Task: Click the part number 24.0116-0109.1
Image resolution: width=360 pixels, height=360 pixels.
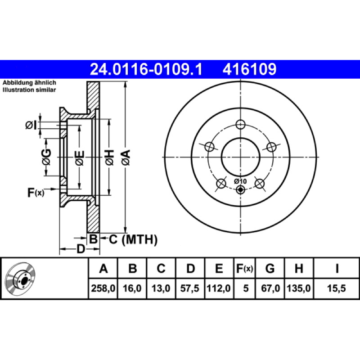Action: coord(146,69)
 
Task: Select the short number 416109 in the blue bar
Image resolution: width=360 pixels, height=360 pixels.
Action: coord(249,69)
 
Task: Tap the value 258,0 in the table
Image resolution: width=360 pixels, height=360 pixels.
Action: coord(103,288)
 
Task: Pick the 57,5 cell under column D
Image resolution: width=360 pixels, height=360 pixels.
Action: coord(189,288)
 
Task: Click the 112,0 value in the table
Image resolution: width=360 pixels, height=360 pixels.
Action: coord(219,288)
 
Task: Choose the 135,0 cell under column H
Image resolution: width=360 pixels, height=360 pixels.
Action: coord(299,288)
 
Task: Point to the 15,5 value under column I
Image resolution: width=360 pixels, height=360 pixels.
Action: coord(336,288)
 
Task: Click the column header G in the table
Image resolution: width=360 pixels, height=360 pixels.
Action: coord(270,268)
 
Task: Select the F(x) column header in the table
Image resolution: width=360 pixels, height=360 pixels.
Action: coord(244,268)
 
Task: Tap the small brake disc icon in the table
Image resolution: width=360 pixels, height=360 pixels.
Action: coord(20,278)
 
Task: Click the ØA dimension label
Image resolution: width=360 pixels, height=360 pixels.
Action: coord(126,157)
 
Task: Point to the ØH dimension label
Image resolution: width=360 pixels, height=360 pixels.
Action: coord(110,157)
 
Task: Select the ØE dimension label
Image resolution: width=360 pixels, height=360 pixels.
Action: coord(80,158)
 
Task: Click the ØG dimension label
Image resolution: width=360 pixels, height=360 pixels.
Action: coord(46,157)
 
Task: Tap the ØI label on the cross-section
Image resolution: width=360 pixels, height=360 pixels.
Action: coord(31,126)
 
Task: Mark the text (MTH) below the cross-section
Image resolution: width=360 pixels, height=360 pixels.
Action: coord(139,240)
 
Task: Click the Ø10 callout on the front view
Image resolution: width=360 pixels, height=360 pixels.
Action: coord(240,181)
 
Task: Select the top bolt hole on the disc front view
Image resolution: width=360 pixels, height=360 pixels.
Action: coord(240,125)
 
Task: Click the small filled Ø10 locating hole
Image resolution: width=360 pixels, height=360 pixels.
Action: coord(240,189)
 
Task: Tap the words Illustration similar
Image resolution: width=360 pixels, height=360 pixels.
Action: coord(29,90)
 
